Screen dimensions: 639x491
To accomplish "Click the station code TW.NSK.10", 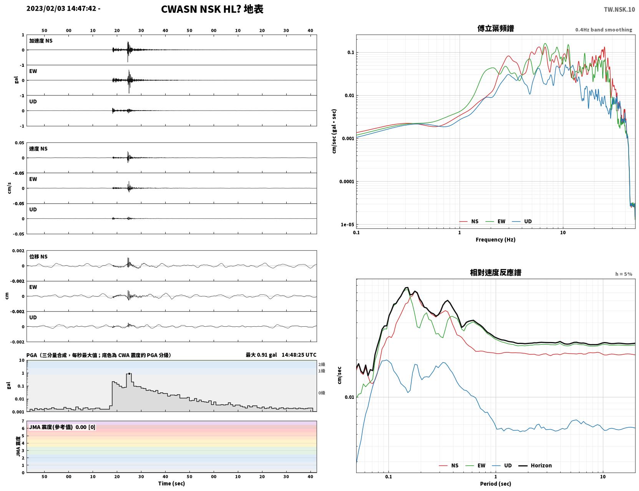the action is (x=619, y=9).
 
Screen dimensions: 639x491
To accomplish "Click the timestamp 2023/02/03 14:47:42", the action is (x=61, y=8).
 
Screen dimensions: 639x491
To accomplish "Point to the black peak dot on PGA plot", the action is (x=129, y=374).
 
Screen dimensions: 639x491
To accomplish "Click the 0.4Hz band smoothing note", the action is (x=603, y=30).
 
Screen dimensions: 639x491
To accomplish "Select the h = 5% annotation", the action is (x=623, y=274).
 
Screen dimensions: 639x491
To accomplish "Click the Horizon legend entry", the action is (x=535, y=465).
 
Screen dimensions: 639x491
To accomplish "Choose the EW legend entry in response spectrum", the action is (x=475, y=465).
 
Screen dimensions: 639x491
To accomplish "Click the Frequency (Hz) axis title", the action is (x=495, y=240).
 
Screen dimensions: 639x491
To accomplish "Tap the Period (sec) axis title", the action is (x=495, y=484).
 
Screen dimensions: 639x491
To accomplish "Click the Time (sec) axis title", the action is (x=171, y=483).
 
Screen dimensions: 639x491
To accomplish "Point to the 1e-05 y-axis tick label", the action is (x=347, y=225).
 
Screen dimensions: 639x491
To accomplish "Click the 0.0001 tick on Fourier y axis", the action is (x=347, y=182).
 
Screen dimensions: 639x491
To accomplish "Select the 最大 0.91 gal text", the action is (x=261, y=355).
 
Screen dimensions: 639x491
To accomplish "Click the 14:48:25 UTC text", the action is (x=299, y=355).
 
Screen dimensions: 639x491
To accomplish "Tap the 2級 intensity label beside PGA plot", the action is (x=322, y=364).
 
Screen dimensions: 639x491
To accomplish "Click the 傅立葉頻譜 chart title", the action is (x=496, y=28).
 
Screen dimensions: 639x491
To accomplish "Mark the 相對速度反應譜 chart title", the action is (x=496, y=273).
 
